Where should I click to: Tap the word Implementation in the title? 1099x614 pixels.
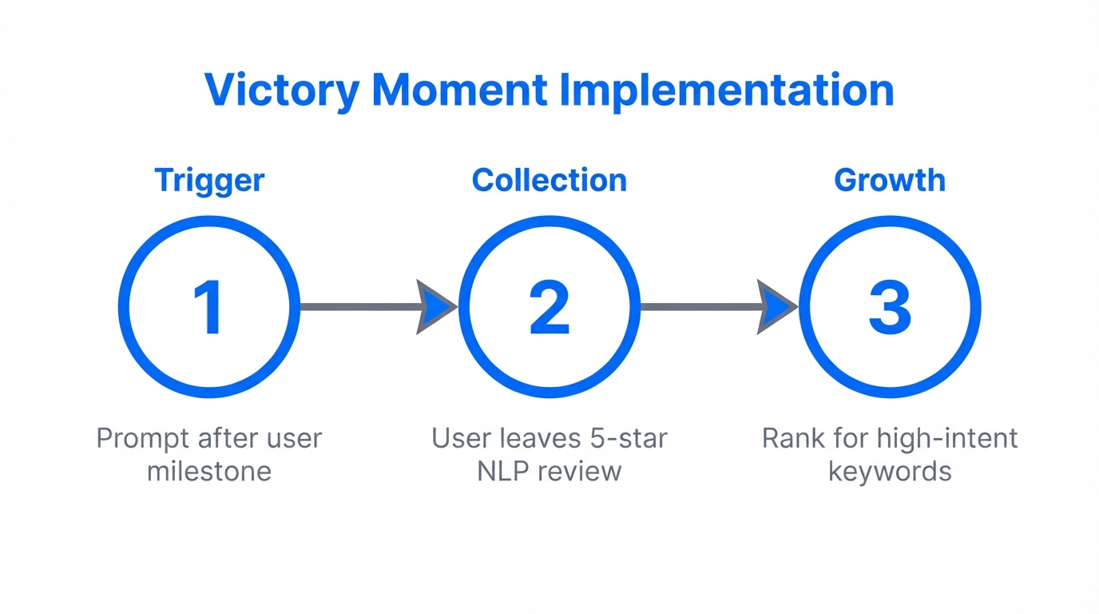tap(726, 90)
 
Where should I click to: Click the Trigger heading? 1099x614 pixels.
tap(209, 181)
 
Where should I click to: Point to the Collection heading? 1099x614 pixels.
tap(549, 181)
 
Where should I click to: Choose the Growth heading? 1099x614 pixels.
tap(890, 181)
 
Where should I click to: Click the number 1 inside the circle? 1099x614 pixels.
tap(209, 307)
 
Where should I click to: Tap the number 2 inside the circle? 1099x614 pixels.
tap(549, 307)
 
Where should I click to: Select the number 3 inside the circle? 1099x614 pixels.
tap(890, 307)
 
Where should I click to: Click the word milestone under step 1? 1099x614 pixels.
tap(209, 471)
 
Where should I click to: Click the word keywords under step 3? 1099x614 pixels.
tap(890, 471)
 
